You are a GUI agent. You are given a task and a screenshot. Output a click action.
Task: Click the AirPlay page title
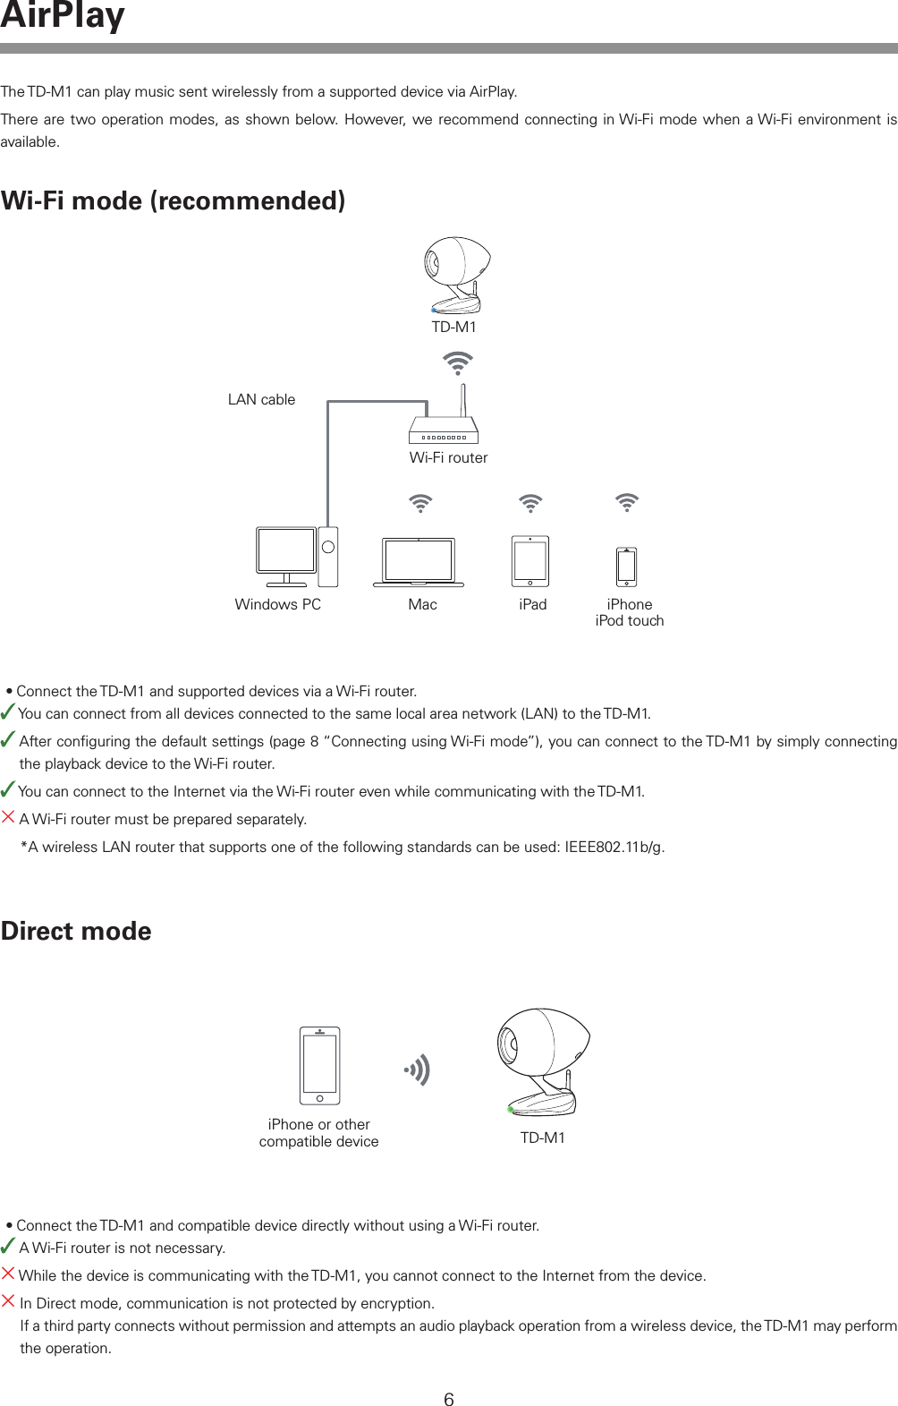coord(63,16)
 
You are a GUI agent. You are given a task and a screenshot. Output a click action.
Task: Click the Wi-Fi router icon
coord(444,429)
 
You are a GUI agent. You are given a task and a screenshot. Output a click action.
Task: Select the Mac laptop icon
coord(419,562)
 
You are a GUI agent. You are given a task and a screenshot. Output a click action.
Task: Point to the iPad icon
coord(530,561)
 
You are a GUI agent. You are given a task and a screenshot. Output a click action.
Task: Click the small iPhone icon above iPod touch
coord(627,567)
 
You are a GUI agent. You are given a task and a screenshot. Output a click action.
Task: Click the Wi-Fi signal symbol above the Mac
coord(419,503)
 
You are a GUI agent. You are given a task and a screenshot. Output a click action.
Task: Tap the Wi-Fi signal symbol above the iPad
coord(530,503)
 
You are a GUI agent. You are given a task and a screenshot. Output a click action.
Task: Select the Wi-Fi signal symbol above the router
coord(458,363)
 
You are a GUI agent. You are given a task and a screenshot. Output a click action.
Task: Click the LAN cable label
coord(261,400)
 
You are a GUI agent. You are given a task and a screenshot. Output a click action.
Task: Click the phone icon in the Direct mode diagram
coord(319,1066)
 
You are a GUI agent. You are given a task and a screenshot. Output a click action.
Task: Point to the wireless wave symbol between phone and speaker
coord(418,1069)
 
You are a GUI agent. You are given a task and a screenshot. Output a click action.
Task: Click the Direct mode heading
coord(76,932)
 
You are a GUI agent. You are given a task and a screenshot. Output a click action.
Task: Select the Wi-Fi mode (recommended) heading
coord(173,201)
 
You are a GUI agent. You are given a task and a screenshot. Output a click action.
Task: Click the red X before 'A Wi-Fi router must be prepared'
coord(8,817)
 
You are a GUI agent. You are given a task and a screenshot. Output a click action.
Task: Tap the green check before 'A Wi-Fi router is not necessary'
coord(7,1246)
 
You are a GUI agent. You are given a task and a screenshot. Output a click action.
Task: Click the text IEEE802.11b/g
coord(614,848)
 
